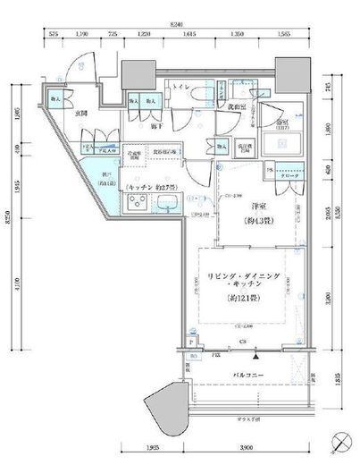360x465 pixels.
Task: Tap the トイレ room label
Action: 180,89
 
